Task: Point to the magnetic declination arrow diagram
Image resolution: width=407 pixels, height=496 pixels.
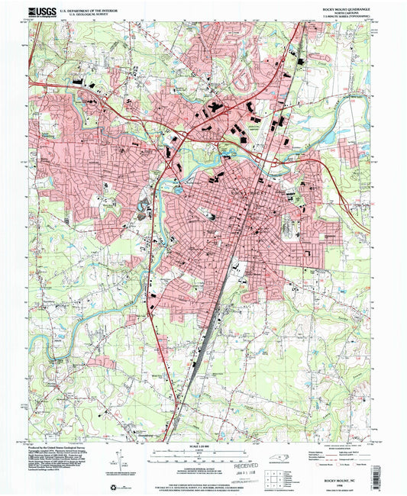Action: tap(119, 462)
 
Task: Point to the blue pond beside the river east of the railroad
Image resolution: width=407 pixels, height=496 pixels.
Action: tap(291, 54)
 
